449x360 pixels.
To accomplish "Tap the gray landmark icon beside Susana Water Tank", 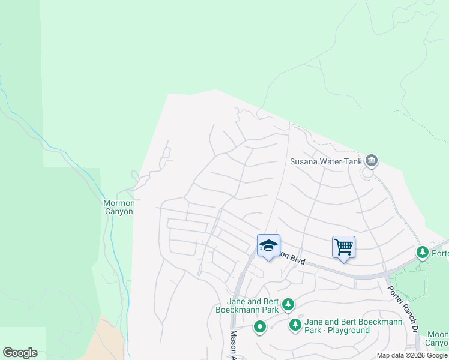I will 372,160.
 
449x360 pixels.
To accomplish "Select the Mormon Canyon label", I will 119,207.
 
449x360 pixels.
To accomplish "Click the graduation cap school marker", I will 269,245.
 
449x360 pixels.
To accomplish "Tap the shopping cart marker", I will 343,247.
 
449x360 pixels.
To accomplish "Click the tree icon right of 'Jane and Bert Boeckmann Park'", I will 289,305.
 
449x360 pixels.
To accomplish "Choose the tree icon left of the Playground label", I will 295,325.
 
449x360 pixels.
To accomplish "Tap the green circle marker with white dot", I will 259,327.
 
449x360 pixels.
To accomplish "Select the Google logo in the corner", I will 20,353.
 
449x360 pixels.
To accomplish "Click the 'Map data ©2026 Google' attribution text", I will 412,355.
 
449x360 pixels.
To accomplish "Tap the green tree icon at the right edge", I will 423,251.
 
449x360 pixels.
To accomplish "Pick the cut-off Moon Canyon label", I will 438,338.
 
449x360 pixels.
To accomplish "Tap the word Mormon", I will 119,203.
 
